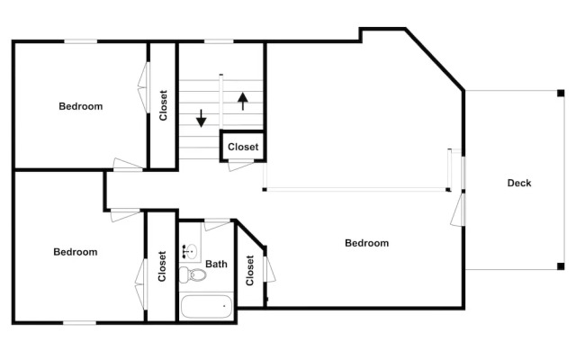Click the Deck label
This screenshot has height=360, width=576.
pos(519,183)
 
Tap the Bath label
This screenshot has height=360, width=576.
pos(216,264)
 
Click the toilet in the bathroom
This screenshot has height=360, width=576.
pos(193,274)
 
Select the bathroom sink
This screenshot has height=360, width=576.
pos(191,251)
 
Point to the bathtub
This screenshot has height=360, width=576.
pos(206,307)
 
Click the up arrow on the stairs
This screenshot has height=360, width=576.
pos(242,102)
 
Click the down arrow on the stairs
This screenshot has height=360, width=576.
pos(201,118)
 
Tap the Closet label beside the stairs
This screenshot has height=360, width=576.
pos(243,147)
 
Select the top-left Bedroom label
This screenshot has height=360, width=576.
pos(80,106)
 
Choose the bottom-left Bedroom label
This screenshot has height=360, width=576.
pos(76,252)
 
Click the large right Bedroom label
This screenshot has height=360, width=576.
pos(366,243)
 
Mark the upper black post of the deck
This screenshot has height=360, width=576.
pos(561,93)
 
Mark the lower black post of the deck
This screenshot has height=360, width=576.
pos(561,266)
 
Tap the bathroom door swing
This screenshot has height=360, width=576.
pos(217,224)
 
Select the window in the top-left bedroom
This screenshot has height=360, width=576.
pos(81,41)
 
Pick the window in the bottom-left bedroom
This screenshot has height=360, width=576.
pos(80,323)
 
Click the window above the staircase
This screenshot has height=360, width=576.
pos(219,41)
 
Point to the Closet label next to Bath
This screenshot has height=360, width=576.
pos(250,270)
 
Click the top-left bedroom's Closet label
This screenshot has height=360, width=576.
pos(163,105)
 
